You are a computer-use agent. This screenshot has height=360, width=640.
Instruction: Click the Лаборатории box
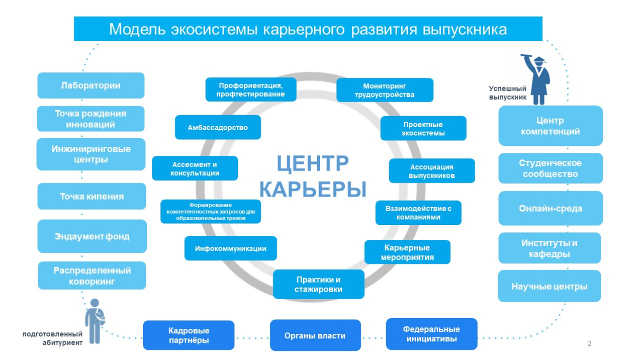coord(90,85)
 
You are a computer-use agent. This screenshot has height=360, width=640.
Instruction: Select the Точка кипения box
coord(92,196)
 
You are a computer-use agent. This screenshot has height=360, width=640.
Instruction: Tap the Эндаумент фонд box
coord(92,236)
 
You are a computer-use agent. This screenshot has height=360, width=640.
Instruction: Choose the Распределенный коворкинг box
coord(92,276)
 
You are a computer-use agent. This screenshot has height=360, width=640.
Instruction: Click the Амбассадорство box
coord(218,127)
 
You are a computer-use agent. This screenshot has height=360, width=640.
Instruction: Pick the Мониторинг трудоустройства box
coord(384,90)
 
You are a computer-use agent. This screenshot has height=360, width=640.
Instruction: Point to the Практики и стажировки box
coord(318,284)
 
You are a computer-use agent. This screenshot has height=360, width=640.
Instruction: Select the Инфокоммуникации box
coord(230,248)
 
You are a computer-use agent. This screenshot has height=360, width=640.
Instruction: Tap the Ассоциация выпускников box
coord(431,171)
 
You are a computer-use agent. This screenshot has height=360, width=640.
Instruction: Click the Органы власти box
coord(315,335)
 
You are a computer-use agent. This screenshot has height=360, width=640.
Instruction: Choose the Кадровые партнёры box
coord(189,335)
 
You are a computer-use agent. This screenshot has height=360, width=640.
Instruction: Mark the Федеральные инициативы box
coord(431,334)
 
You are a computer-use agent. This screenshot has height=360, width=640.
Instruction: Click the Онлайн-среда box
coord(550,208)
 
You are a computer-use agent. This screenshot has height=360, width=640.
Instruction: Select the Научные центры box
coord(549,286)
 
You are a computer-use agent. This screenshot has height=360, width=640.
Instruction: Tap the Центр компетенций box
coord(550,126)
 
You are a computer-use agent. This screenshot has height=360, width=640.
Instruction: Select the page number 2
coord(589,343)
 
